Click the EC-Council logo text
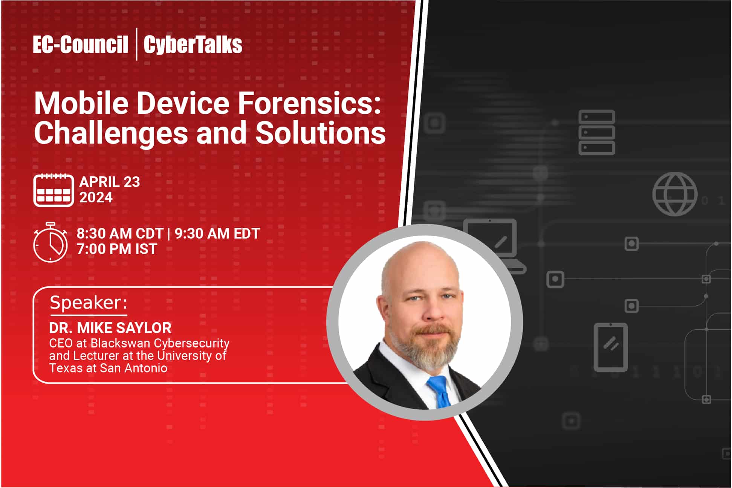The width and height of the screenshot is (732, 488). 81,44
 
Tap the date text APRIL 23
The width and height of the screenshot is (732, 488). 110,182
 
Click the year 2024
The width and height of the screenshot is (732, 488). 96,197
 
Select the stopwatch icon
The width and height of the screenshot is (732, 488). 50,242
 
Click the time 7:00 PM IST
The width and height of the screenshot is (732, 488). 117,249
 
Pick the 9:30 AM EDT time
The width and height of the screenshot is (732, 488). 217,234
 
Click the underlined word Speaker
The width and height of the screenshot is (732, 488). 89,303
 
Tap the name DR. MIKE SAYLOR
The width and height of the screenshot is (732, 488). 110,328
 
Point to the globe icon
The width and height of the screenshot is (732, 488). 675,194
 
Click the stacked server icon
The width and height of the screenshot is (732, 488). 597,132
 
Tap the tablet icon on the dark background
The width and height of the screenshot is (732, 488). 611,347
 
